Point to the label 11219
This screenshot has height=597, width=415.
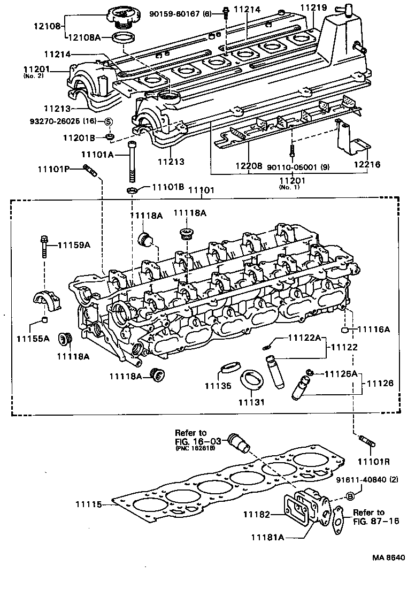point(313,7)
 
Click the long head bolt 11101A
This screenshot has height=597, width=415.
point(131,161)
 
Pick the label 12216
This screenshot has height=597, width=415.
point(366,165)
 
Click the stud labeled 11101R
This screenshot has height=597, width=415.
point(366,443)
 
